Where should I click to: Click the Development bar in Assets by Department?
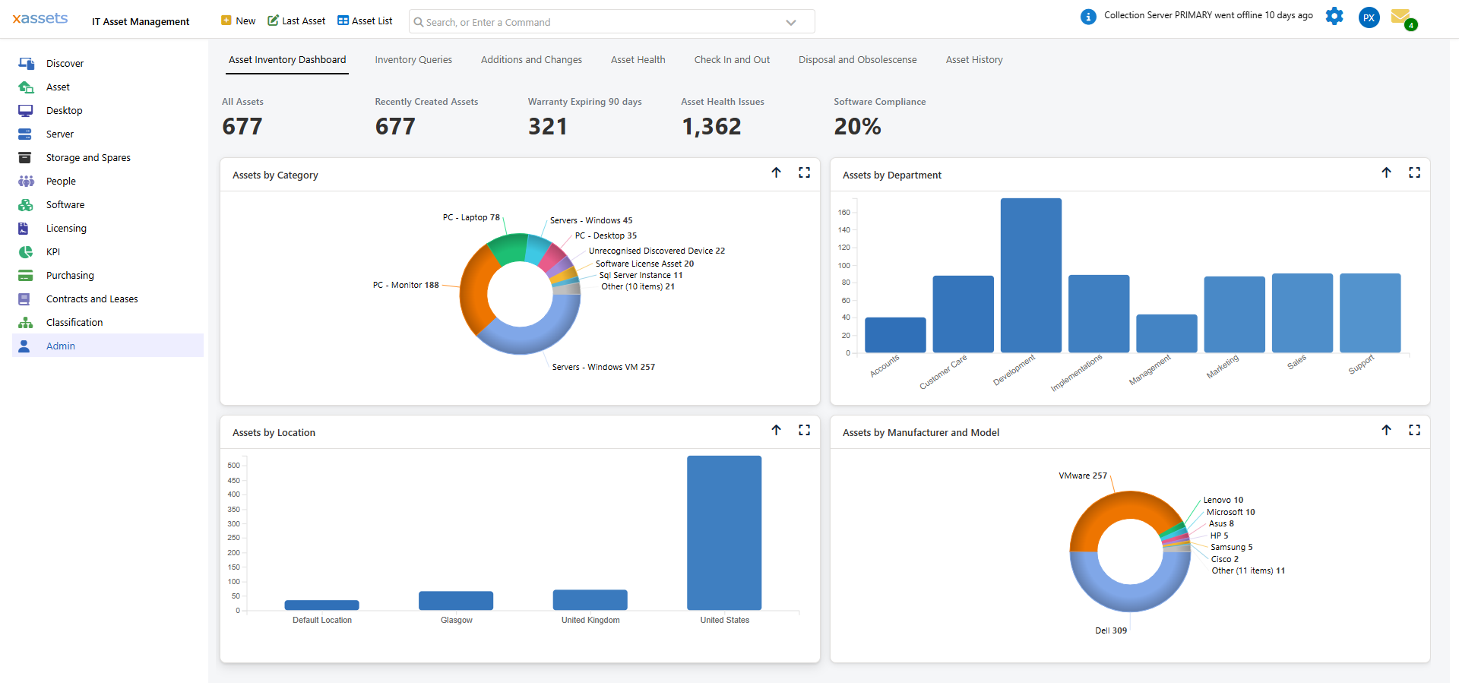(x=1030, y=275)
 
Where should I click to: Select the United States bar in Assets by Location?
(x=723, y=532)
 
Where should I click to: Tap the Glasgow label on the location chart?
(x=456, y=621)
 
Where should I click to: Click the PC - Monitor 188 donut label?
(x=406, y=286)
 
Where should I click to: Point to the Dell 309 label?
(x=1110, y=631)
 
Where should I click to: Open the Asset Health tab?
(x=638, y=60)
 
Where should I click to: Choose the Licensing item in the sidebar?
(x=66, y=229)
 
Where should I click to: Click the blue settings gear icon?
(x=1334, y=17)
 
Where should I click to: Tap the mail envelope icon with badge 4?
(x=1400, y=17)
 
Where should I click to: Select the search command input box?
(x=600, y=22)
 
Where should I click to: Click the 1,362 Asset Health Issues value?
(x=711, y=127)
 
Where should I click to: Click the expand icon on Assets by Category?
(x=804, y=173)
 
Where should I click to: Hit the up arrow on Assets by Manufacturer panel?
(x=1386, y=431)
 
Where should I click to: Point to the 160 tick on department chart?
(x=844, y=213)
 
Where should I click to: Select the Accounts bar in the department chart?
(x=895, y=335)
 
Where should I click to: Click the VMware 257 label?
(x=1082, y=476)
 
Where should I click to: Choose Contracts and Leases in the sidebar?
(x=92, y=299)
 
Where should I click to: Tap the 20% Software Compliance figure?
(x=857, y=127)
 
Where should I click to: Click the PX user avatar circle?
(x=1369, y=17)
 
